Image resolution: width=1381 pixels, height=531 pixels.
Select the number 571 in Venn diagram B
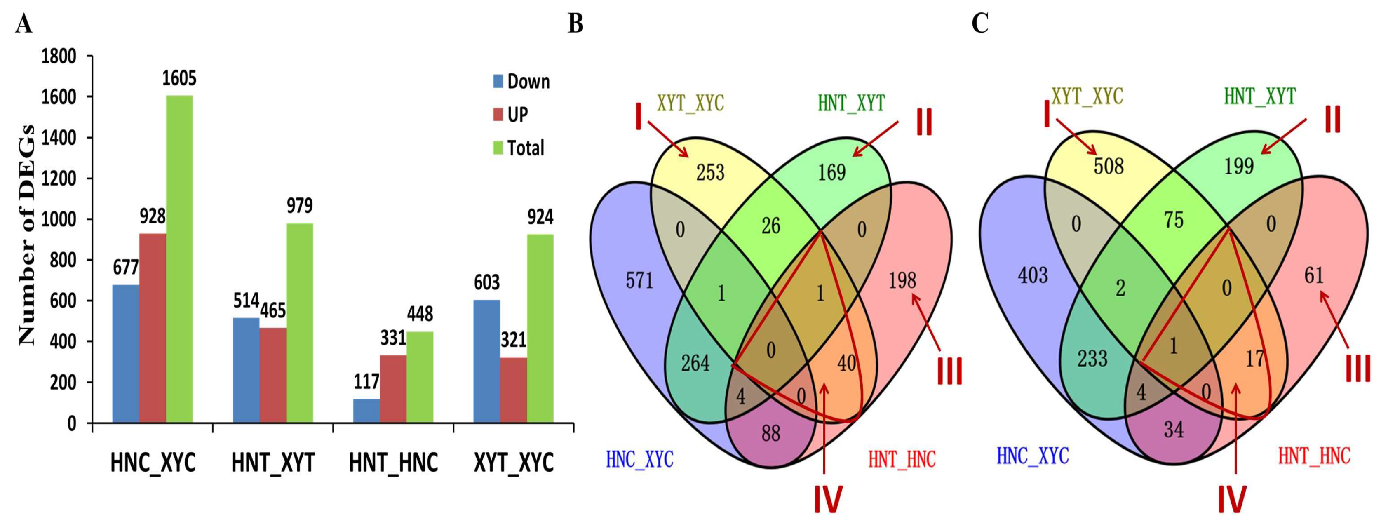(x=639, y=280)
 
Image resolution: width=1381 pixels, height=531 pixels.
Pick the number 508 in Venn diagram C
(x=1108, y=166)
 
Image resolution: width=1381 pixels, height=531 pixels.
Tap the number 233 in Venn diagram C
(x=1092, y=358)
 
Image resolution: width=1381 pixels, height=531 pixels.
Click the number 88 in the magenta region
(x=770, y=433)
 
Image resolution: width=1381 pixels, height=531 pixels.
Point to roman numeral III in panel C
(x=1358, y=369)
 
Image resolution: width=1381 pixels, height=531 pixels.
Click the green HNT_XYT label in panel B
(x=851, y=103)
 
